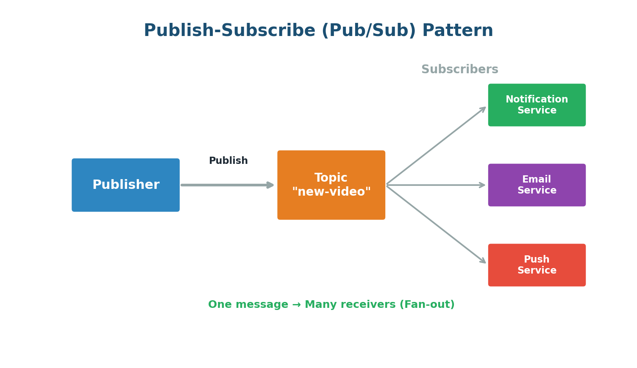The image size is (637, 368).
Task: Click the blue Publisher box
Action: [125, 185]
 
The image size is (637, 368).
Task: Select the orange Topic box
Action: [331, 185]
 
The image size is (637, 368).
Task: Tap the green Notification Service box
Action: [537, 105]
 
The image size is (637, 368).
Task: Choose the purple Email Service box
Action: [537, 185]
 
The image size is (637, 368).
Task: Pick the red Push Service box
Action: [537, 265]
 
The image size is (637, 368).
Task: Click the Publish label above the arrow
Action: [228, 161]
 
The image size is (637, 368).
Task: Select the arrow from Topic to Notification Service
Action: [436, 147]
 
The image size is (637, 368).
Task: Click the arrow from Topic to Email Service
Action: [436, 185]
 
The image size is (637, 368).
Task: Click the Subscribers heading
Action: [459, 69]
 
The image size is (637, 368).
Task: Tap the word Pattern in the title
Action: [457, 31]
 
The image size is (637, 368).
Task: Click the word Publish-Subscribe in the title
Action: [229, 31]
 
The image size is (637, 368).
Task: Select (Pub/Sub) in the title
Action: [368, 31]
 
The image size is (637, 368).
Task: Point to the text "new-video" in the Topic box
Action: [331, 192]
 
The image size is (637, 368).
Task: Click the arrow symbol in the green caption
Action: [296, 305]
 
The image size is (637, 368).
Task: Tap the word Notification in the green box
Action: [537, 100]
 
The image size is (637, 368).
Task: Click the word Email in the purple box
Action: [537, 180]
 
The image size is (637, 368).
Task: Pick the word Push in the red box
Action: [537, 260]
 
